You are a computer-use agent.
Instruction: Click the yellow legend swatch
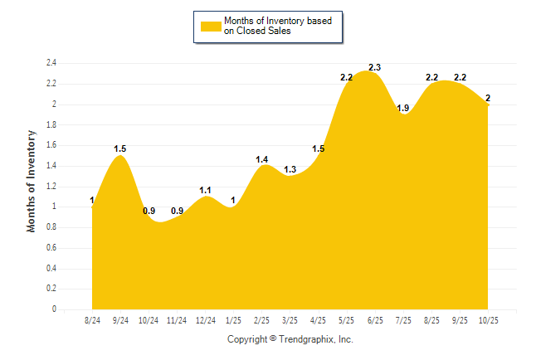211,27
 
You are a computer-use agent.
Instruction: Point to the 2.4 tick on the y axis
51,63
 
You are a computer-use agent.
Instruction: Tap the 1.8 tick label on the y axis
51,124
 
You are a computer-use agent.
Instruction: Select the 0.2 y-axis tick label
51,289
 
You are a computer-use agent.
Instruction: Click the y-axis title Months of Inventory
32,180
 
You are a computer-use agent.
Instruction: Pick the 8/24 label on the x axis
93,320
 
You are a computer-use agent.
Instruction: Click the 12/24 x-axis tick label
205,320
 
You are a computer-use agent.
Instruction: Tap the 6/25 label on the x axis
375,320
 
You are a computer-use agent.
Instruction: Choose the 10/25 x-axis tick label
487,320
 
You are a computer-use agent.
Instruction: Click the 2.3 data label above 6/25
374,67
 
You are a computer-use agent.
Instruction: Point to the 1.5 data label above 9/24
120,149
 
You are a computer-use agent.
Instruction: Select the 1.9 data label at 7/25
403,108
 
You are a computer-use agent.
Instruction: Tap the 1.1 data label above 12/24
206,190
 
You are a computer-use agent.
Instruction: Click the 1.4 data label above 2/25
261,159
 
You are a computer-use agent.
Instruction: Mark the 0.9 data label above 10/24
149,211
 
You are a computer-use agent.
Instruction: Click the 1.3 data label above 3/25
290,170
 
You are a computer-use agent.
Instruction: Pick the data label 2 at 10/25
488,99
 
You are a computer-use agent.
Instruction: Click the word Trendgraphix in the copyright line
305,339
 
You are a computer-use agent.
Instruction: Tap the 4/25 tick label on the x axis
318,320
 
